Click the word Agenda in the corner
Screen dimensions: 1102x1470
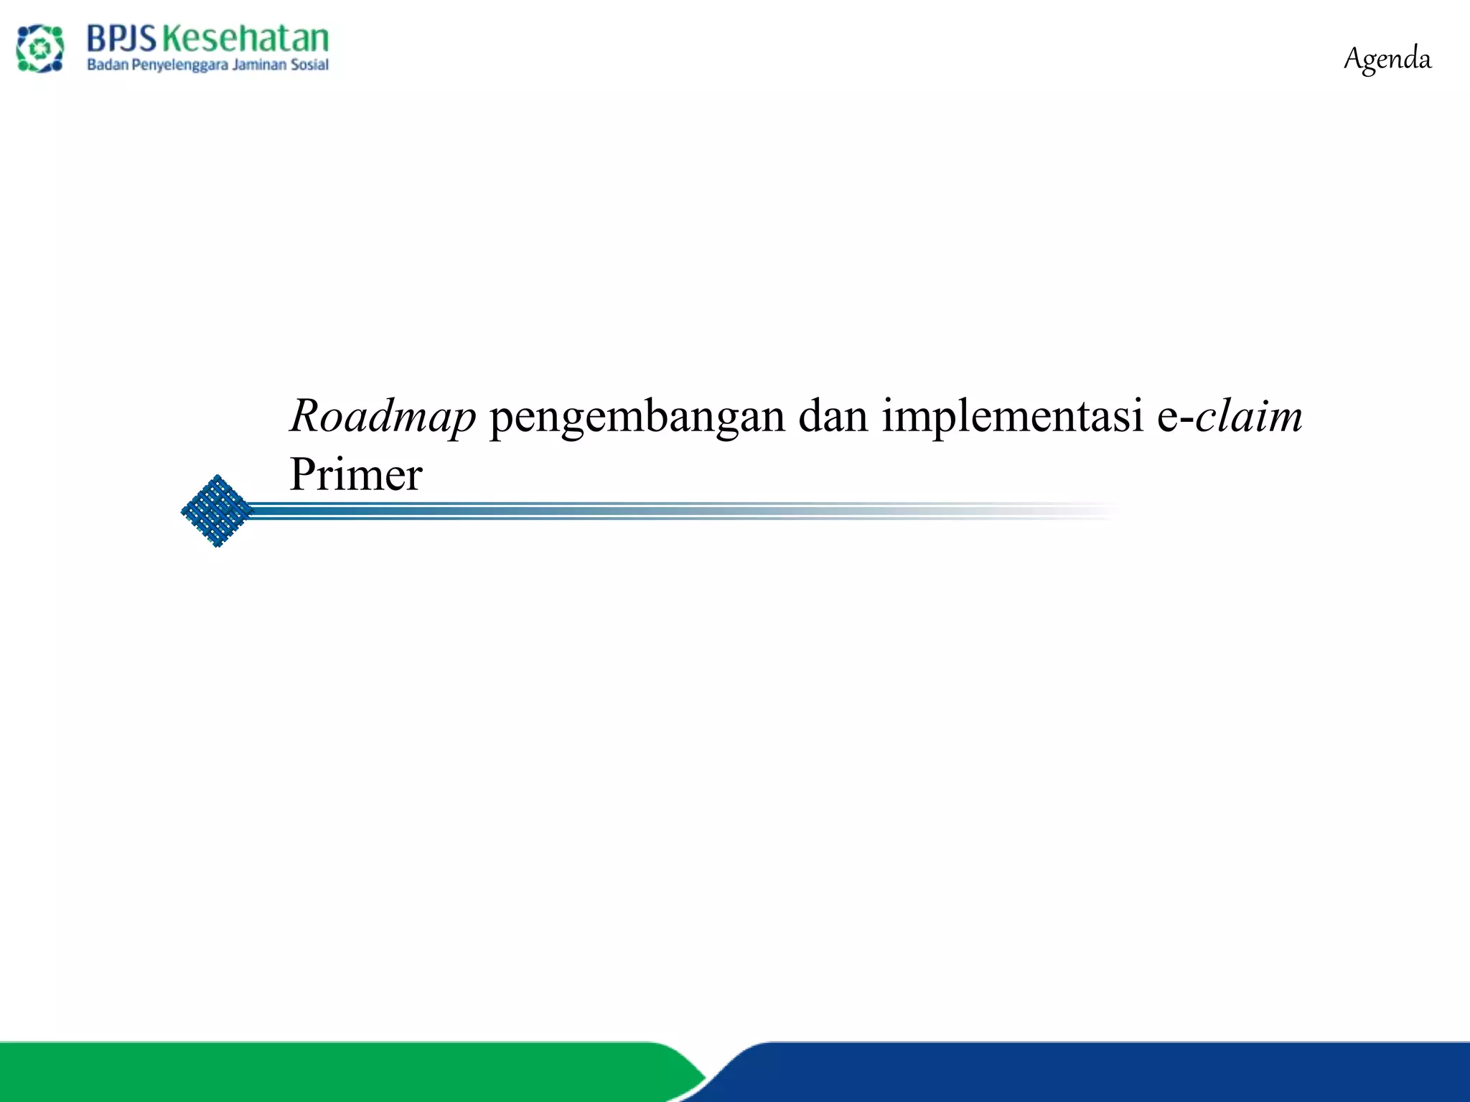pyautogui.click(x=1387, y=59)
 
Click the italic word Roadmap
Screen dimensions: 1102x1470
pyautogui.click(x=383, y=416)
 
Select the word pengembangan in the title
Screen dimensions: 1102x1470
pyautogui.click(x=637, y=418)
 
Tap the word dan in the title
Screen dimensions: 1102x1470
pyautogui.click(x=833, y=416)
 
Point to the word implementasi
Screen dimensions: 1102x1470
pyautogui.click(x=1012, y=418)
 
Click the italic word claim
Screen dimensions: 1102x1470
pyautogui.click(x=1249, y=416)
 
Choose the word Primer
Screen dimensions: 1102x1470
pyautogui.click(x=356, y=475)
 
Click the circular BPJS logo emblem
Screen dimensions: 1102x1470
pyautogui.click(x=40, y=48)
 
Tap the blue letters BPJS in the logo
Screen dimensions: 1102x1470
pyautogui.click(x=121, y=39)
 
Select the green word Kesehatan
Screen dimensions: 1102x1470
pyautogui.click(x=245, y=39)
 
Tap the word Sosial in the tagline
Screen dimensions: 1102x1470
pyautogui.click(x=309, y=65)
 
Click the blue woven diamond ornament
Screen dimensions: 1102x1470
pyautogui.click(x=216, y=511)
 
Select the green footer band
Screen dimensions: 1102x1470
pyautogui.click(x=323, y=1072)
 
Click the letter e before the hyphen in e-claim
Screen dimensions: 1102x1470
pyautogui.click(x=1167, y=418)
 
